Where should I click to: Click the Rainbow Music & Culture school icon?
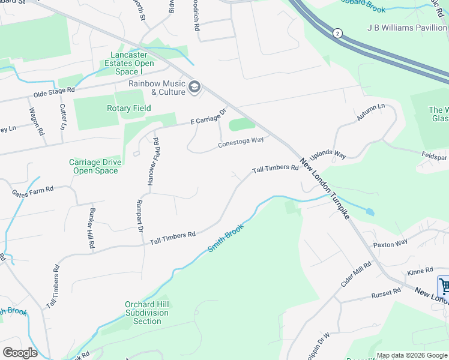tap(194, 88)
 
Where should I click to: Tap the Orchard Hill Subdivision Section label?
tap(147, 313)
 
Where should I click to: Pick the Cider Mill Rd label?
tap(356, 274)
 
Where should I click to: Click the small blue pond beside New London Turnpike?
tap(369, 212)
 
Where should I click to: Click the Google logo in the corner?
tap(20, 352)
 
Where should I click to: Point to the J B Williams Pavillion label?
tap(406, 28)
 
